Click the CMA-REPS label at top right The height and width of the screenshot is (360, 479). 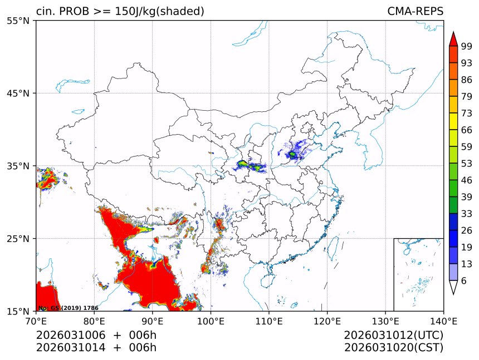[x=415, y=11]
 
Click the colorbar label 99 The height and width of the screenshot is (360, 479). [x=466, y=47]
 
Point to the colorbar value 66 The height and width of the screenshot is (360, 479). [x=466, y=130]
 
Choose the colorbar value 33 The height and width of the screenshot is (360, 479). [x=466, y=214]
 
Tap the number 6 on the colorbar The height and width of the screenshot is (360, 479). [x=463, y=280]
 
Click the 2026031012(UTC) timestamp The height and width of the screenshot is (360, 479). [x=393, y=336]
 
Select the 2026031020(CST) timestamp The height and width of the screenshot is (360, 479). [x=393, y=348]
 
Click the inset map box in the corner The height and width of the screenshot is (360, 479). [x=418, y=274]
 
